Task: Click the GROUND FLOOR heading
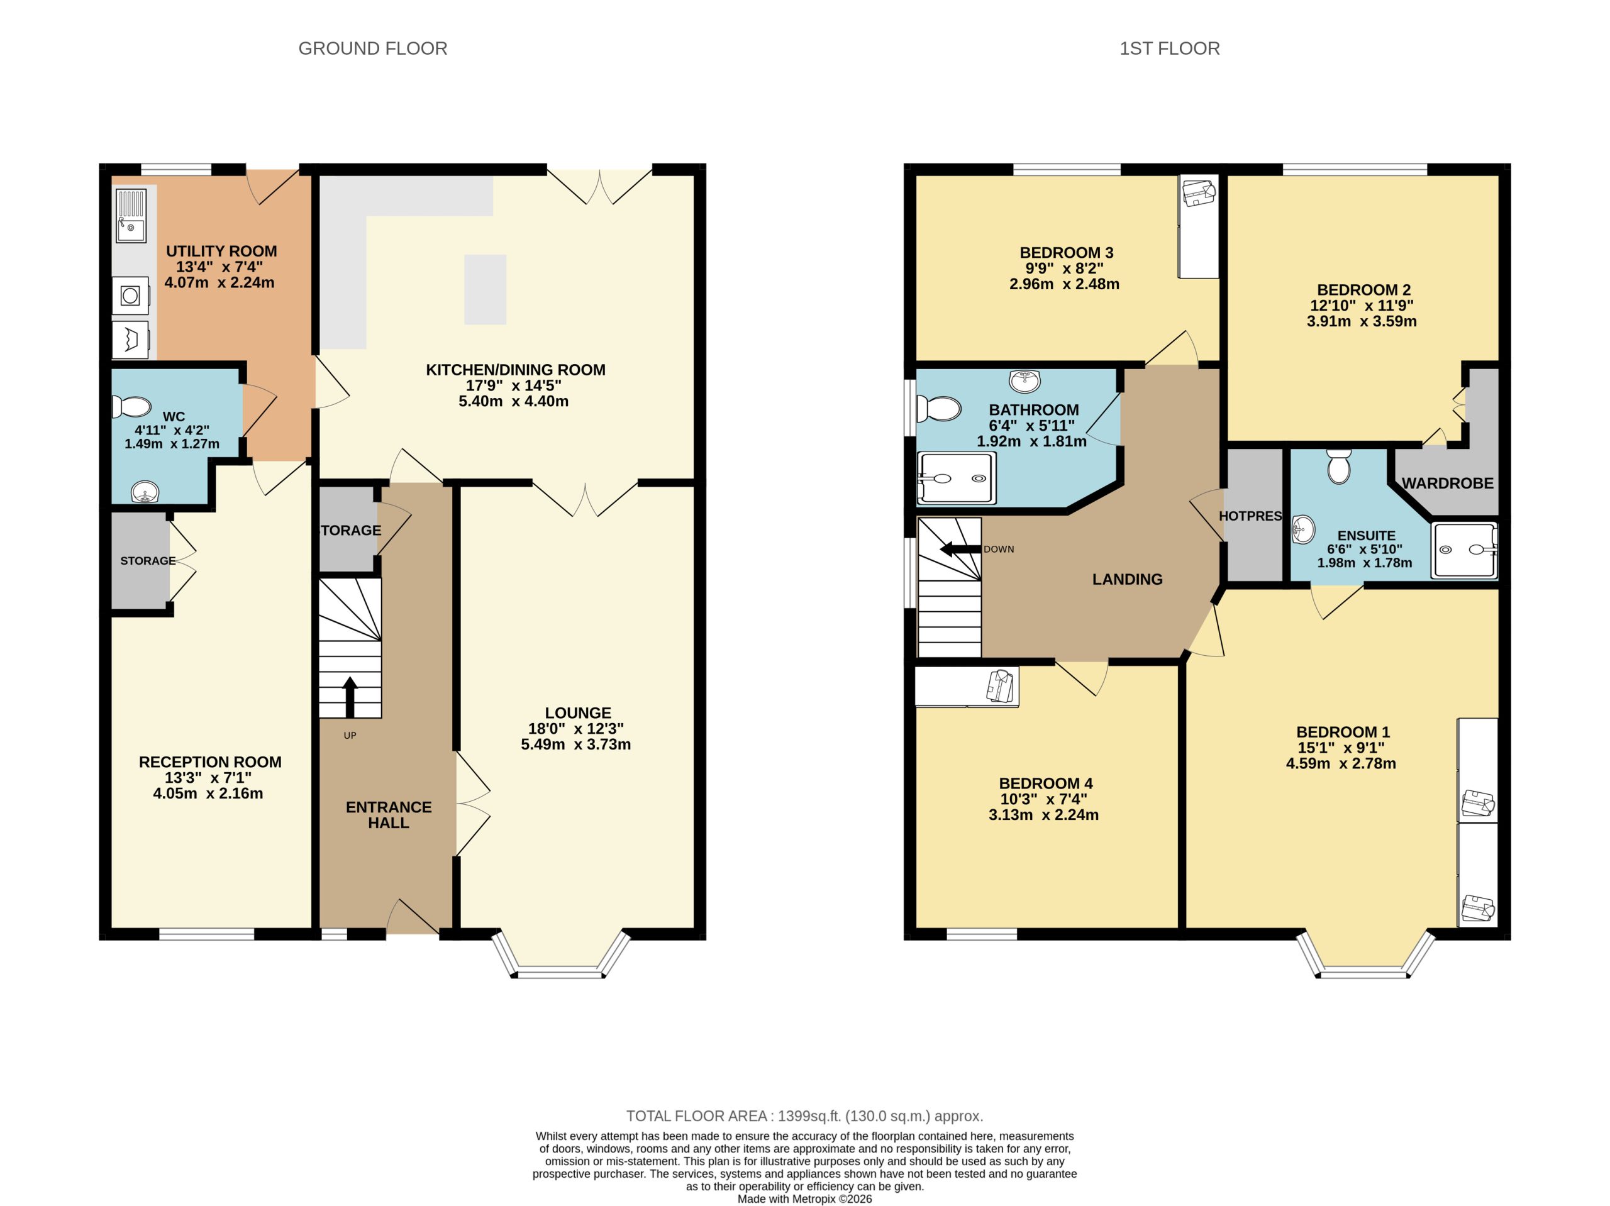click(x=373, y=49)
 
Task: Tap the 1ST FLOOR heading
click(x=1169, y=49)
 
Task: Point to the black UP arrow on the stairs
click(x=350, y=697)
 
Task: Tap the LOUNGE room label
click(x=578, y=712)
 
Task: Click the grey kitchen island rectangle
click(x=485, y=289)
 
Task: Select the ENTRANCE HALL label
click(x=389, y=814)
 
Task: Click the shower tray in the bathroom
click(x=956, y=478)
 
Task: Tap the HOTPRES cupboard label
click(x=1250, y=516)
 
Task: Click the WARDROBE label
click(x=1447, y=484)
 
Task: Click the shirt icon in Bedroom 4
click(x=1000, y=685)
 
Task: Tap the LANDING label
click(x=1127, y=579)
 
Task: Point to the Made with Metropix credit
click(x=804, y=1198)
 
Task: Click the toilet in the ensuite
click(x=1338, y=467)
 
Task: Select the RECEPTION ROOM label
click(x=209, y=762)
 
